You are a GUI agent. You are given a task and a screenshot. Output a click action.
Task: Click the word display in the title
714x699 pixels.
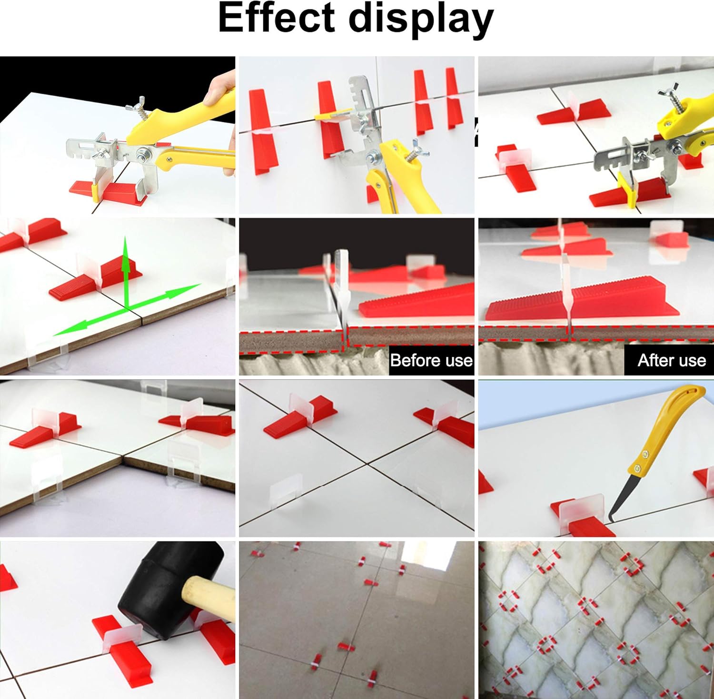[x=421, y=20]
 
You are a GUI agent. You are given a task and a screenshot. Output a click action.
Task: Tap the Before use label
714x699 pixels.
[x=431, y=360]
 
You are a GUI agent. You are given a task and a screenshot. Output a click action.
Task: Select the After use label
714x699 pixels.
[x=672, y=360]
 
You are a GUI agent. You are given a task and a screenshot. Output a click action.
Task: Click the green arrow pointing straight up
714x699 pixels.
[x=126, y=271]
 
